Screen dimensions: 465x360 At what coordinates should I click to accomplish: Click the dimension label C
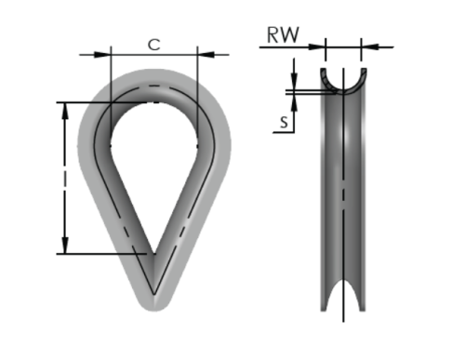(154, 45)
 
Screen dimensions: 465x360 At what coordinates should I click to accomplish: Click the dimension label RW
(283, 35)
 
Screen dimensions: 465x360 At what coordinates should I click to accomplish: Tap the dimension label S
(284, 122)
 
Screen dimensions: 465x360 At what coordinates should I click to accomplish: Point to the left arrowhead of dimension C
(102, 55)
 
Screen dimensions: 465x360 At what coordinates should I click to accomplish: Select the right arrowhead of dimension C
(206, 55)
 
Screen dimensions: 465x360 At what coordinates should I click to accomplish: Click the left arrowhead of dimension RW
(317, 47)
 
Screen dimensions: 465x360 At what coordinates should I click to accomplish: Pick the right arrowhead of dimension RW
(369, 47)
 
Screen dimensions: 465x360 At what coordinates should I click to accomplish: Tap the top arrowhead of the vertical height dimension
(65, 111)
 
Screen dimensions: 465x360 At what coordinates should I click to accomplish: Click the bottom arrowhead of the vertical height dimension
(65, 246)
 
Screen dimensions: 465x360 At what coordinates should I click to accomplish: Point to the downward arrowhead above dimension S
(294, 81)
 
